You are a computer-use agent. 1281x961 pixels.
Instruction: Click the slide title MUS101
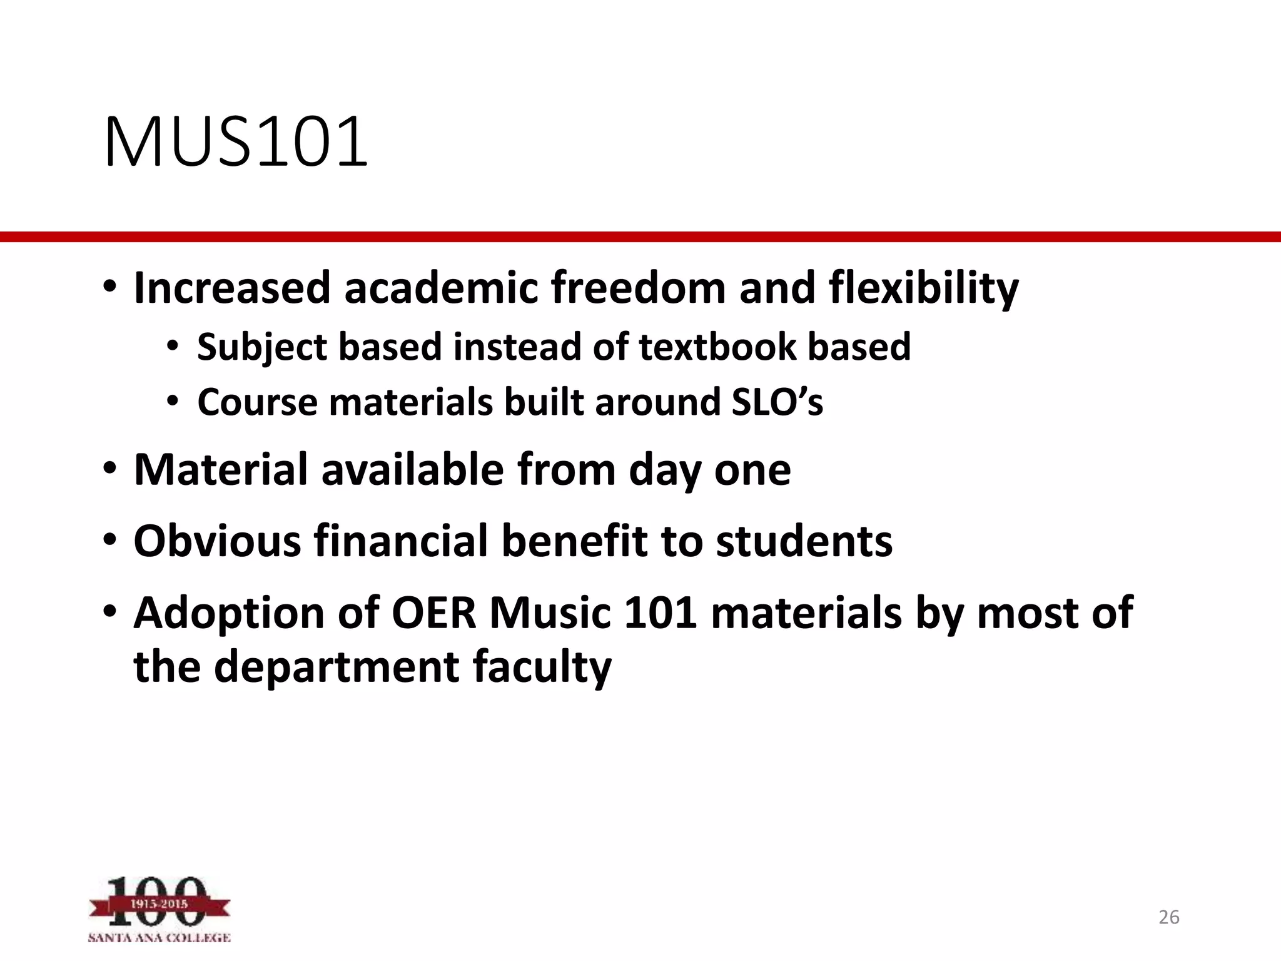tap(236, 142)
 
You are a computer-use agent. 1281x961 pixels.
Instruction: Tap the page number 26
tap(1168, 917)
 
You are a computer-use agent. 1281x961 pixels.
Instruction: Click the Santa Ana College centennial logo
tap(159, 909)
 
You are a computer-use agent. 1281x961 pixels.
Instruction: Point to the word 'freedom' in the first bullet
tap(639, 288)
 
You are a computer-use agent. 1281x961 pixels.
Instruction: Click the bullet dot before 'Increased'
tap(110, 288)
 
